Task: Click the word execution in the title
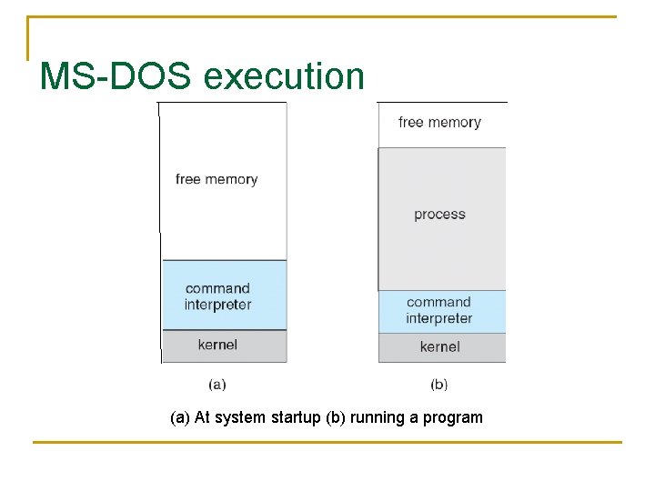(284, 76)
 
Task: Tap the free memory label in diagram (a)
(217, 179)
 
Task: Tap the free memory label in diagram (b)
(439, 122)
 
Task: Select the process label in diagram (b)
(439, 215)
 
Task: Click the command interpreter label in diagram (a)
(217, 296)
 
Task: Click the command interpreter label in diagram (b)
(439, 310)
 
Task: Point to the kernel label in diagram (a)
(217, 345)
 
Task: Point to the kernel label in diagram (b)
(439, 346)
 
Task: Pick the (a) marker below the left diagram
(217, 385)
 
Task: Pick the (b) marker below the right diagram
(439, 385)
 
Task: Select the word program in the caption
(453, 418)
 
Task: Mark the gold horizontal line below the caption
(327, 443)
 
